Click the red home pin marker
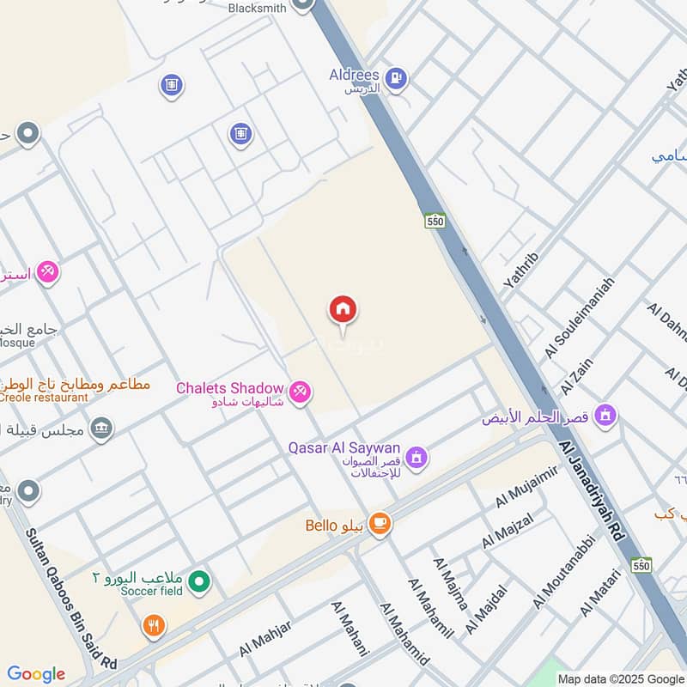point(343,310)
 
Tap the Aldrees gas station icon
point(395,78)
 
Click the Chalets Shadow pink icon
point(300,392)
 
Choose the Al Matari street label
point(599,593)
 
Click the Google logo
point(35,674)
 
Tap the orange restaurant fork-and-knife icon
point(154,626)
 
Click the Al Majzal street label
point(508,530)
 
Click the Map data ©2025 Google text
point(619,678)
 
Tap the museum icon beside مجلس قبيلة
point(101,427)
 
